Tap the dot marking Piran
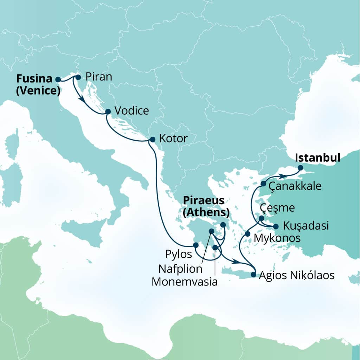pos(78,77)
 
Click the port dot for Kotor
pos(152,139)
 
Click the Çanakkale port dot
pos(263,184)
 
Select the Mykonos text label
pos(277,238)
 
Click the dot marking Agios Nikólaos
pos(253,275)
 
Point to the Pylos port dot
pos(196,245)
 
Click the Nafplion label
pos(180,269)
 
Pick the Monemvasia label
pos(185,282)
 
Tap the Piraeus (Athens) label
pos(206,206)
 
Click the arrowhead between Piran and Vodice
pos(83,99)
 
